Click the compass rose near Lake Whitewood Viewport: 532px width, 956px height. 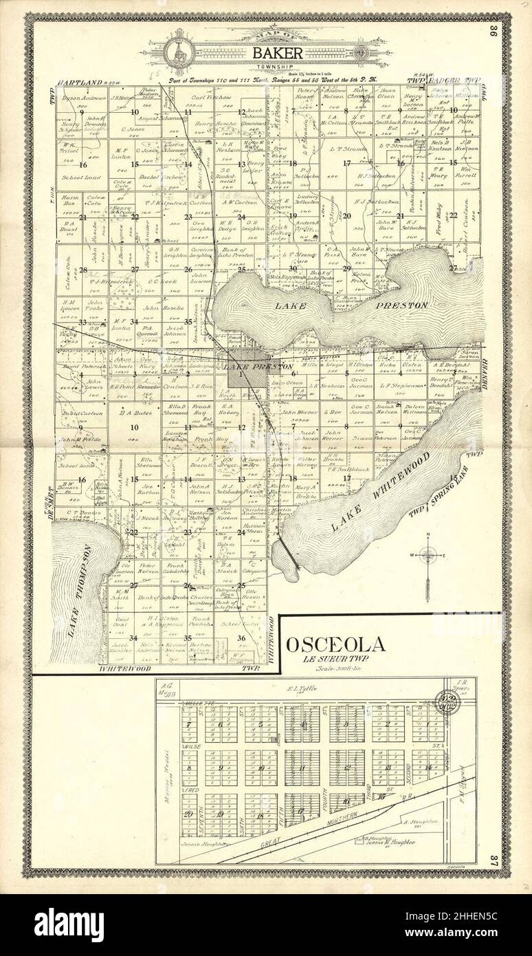coord(428,554)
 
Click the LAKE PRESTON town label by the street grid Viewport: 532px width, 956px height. coord(258,367)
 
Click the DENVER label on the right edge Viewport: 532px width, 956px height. coord(483,372)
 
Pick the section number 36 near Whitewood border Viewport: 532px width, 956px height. coord(241,638)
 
